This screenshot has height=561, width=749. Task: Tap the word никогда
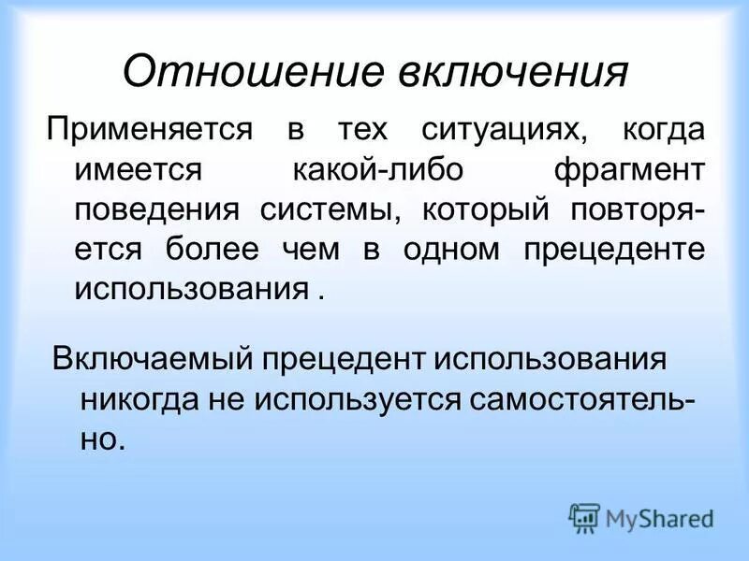tap(140, 398)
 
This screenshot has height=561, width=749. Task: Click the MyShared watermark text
tap(659, 518)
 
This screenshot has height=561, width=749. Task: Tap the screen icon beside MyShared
tap(584, 516)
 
